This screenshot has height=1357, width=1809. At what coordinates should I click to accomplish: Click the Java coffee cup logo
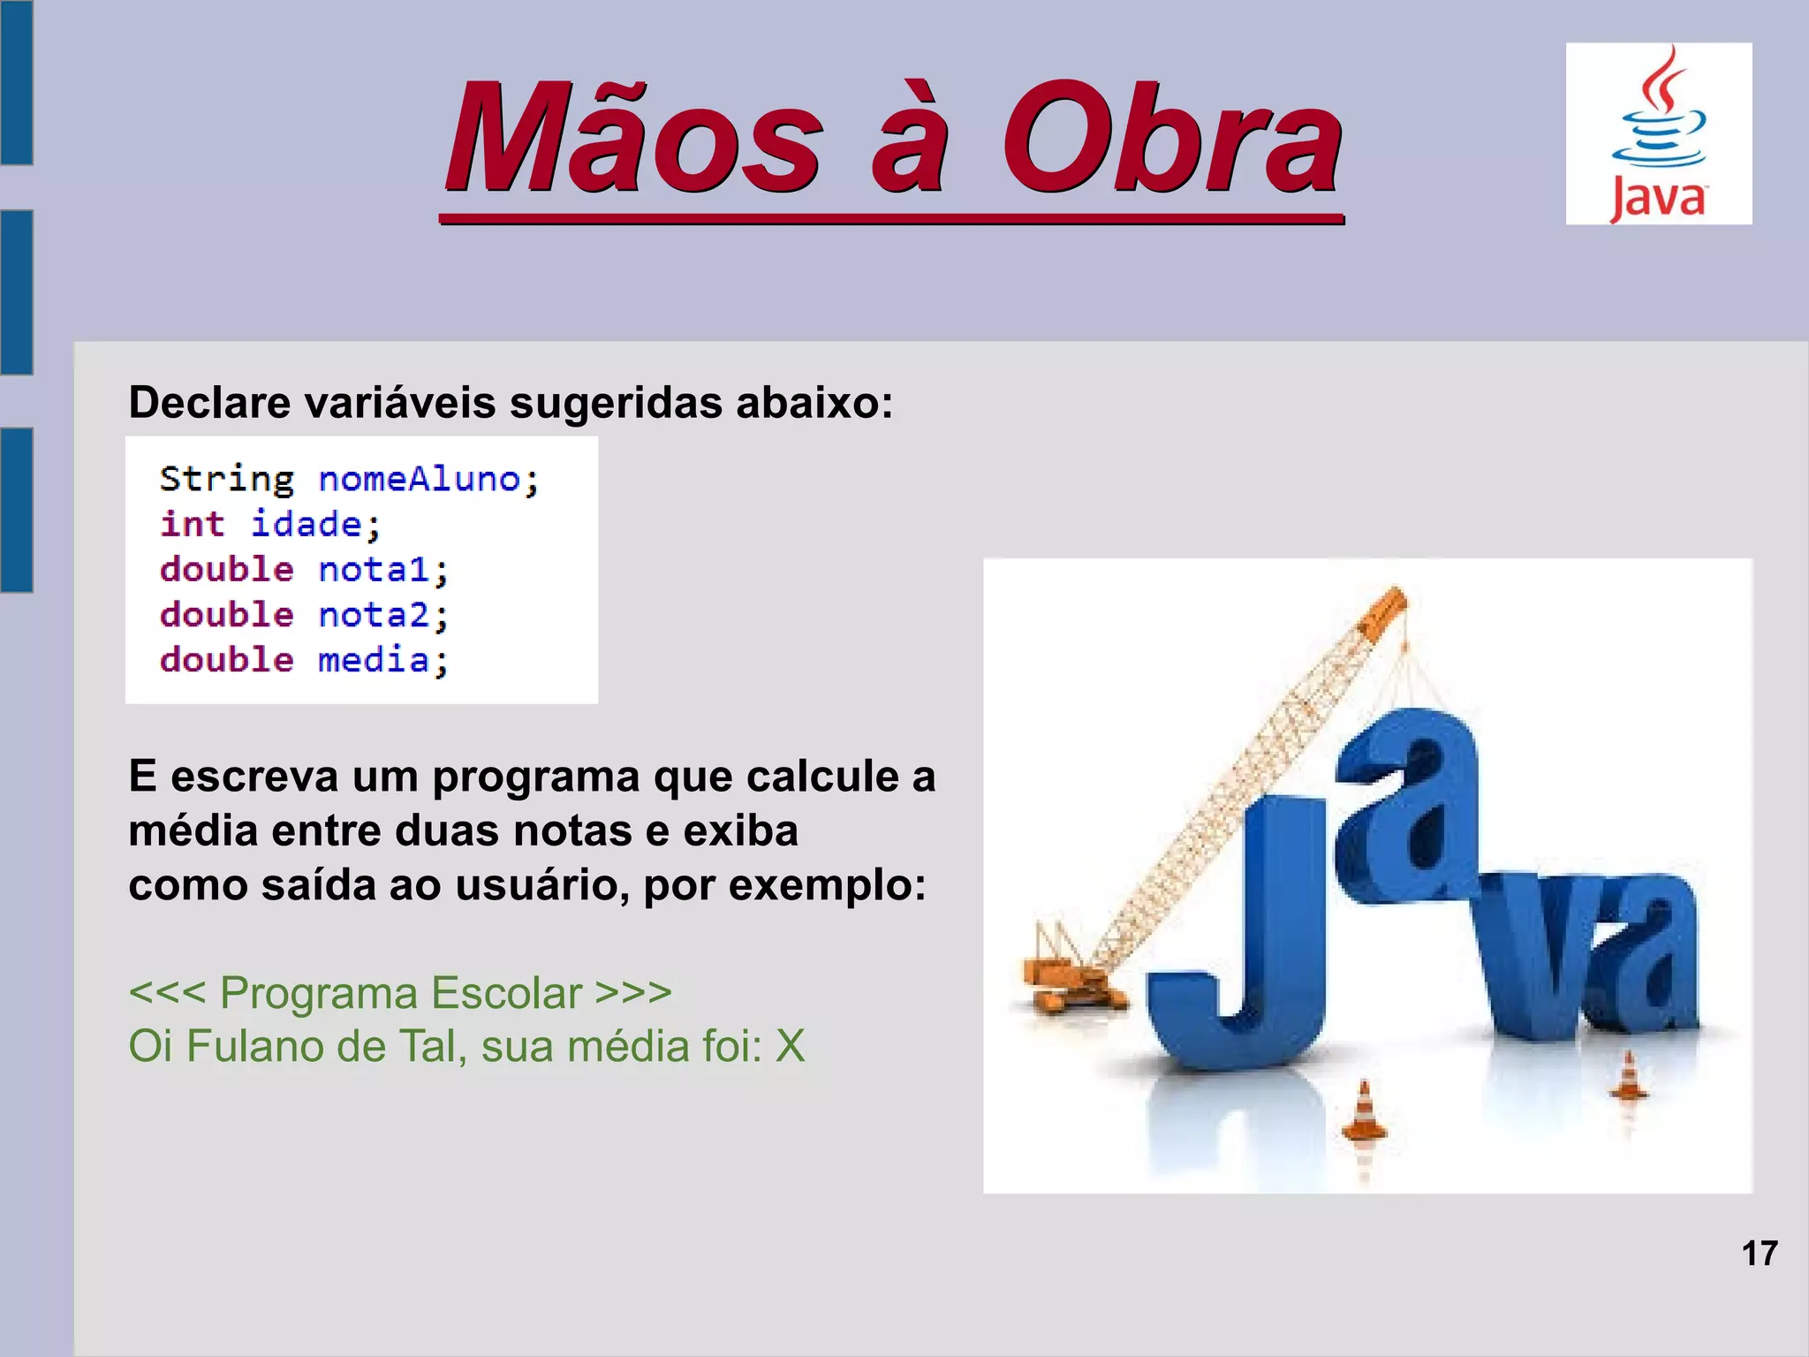pos(1659,133)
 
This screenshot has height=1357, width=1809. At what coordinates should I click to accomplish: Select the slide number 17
pos(1760,1254)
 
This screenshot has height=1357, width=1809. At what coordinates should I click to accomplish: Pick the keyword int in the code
pos(192,525)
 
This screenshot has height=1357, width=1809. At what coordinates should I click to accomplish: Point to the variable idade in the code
pos(307,525)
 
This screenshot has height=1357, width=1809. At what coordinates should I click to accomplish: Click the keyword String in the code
pos(226,480)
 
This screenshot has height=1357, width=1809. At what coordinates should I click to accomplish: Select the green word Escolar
pos(507,992)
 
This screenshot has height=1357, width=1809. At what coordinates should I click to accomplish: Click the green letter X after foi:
pos(791,1047)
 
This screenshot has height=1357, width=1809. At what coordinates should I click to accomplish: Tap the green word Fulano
pos(255,1047)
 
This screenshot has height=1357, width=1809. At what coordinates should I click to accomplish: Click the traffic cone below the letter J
pos(1364,1113)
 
